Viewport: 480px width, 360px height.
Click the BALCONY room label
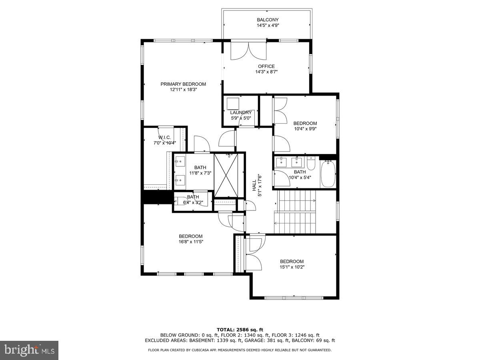[x=268, y=20]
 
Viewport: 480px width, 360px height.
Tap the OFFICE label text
[x=266, y=66]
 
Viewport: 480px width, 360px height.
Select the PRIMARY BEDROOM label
[x=183, y=84]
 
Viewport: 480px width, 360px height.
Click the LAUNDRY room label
[x=241, y=113]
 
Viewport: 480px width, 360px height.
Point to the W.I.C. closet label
[x=164, y=137]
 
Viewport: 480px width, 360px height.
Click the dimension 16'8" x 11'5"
[x=190, y=242]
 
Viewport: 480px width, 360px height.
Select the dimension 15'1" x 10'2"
[x=292, y=267]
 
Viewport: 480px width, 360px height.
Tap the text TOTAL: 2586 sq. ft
[x=240, y=330]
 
